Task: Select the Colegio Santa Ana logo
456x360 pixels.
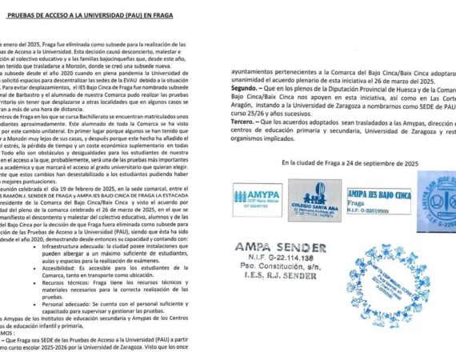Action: (x=314, y=200)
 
